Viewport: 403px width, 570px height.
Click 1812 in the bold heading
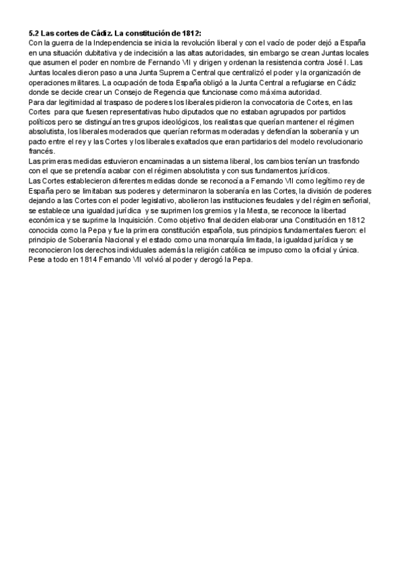click(188, 33)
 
